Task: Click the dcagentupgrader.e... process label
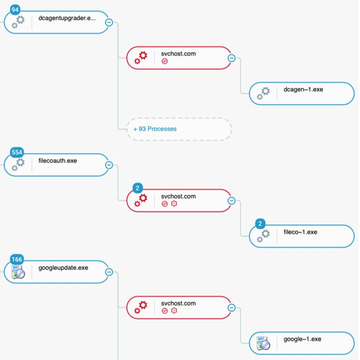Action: [67, 18]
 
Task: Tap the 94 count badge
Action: [15, 10]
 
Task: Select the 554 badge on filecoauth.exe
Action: [17, 152]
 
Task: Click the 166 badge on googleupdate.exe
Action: [17, 259]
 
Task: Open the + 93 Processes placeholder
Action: [179, 129]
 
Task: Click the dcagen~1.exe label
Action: [303, 90]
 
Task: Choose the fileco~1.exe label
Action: [300, 232]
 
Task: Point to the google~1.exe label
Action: [302, 339]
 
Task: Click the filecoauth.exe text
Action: [58, 160]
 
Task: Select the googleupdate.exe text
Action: [63, 268]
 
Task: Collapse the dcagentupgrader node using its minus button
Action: [109, 23]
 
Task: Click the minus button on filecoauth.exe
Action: [109, 165]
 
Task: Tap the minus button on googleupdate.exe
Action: [109, 272]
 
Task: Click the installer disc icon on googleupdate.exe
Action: [18, 272]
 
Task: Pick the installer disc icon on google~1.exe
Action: [263, 343]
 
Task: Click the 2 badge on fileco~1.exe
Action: [260, 224]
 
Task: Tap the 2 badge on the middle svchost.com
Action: [137, 188]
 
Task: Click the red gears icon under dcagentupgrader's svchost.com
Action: [141, 58]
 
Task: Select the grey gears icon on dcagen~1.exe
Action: [263, 93]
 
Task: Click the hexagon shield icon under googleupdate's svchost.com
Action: [174, 311]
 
